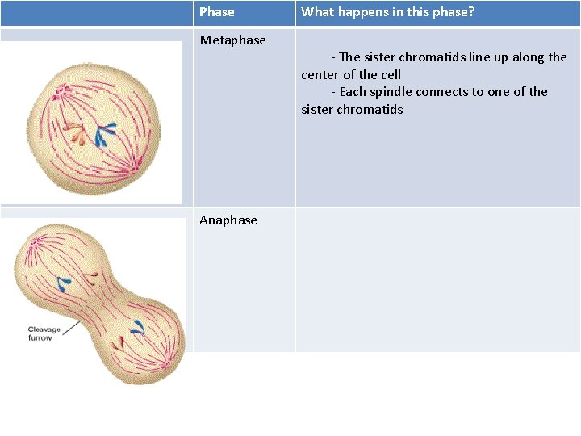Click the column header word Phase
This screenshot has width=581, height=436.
pos(216,12)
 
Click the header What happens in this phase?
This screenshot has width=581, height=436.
pos(388,12)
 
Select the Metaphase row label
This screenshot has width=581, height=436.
pos(232,40)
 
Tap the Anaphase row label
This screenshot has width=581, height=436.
pos(228,220)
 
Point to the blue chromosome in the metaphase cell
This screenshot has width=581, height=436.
pos(106,132)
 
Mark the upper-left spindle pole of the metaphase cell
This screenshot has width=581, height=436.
pos(58,90)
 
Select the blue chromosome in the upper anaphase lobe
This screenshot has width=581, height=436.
pos(63,283)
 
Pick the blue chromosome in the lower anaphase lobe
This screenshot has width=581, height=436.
pos(138,328)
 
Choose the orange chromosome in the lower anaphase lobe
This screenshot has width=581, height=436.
pos(119,342)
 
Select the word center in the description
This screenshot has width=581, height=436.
pos(320,75)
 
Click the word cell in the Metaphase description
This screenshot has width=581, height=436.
pos(390,75)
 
